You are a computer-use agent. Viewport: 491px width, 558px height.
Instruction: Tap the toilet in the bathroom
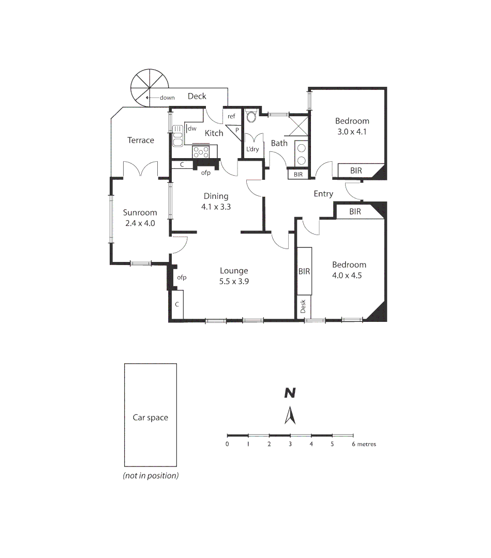click(251, 116)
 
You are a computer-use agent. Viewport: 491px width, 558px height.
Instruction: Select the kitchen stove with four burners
click(201, 152)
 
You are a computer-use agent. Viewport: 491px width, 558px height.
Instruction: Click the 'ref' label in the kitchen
click(231, 116)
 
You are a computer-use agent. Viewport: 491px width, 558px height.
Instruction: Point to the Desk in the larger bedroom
click(303, 306)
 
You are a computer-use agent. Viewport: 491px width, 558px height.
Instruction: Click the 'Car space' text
click(150, 417)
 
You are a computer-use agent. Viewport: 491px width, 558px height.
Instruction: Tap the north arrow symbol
click(290, 415)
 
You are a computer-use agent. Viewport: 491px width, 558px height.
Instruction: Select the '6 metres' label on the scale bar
click(364, 444)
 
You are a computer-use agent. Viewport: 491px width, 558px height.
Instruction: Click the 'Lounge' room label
click(234, 271)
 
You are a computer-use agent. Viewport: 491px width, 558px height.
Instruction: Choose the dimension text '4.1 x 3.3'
click(216, 207)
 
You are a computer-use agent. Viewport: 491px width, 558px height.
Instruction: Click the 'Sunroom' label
click(140, 212)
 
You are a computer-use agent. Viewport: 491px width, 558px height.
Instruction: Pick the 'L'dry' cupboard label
click(252, 149)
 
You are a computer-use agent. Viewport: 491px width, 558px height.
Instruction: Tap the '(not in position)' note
click(151, 476)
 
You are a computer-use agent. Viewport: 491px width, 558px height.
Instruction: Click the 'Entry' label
click(323, 194)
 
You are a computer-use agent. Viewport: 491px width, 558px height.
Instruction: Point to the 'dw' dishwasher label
click(192, 128)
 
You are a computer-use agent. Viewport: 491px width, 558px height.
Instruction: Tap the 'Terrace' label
click(141, 140)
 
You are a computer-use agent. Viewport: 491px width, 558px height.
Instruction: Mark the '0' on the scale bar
click(227, 444)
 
